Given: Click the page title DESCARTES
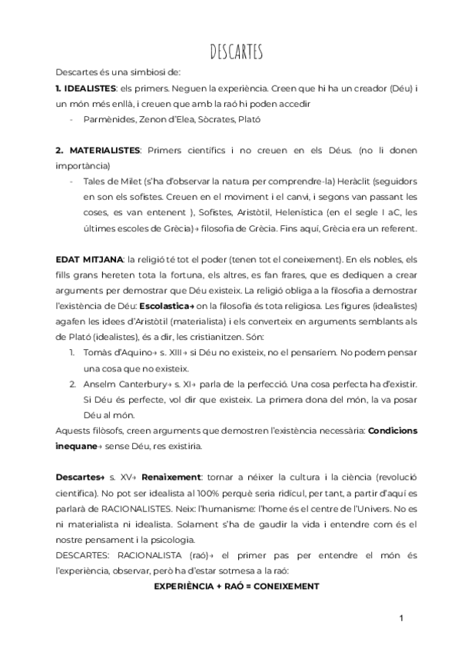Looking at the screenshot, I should (x=237, y=52).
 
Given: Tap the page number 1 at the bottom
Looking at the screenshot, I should (x=401, y=619).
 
